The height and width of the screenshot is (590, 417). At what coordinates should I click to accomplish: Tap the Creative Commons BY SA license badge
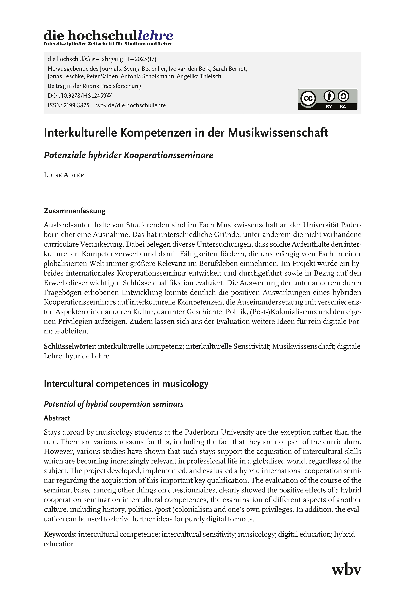327,99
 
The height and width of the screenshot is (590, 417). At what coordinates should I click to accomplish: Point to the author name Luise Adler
64,175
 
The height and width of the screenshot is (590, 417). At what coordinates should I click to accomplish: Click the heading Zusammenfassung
75,211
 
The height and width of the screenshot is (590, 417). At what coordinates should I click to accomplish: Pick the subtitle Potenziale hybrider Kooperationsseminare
128,155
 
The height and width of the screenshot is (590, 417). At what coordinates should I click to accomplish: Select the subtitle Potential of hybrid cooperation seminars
114,404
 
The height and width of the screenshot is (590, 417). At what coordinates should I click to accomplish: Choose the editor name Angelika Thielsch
199,76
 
